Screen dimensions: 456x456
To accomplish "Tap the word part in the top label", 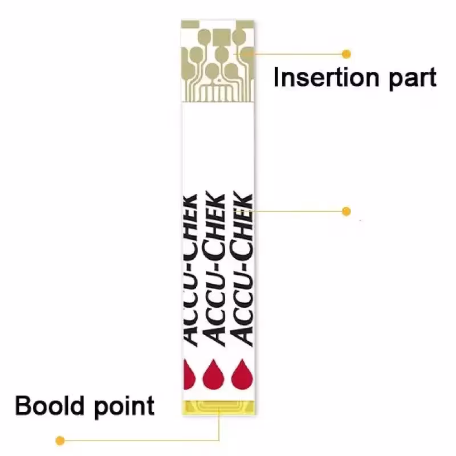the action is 412,79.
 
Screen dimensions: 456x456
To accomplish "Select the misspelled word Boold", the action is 50,405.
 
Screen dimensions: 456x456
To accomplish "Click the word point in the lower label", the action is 125,406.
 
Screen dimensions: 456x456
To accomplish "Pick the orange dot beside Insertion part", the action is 346,54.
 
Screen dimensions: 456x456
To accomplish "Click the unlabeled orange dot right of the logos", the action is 346,211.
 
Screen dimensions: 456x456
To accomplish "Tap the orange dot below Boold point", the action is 60,441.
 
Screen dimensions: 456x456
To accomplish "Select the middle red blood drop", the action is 213,374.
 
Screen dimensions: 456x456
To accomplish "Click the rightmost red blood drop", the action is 242,374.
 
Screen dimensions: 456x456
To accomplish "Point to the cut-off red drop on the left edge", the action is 189,374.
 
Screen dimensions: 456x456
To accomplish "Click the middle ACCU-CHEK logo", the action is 215,268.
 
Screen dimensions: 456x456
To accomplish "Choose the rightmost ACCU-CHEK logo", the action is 243,268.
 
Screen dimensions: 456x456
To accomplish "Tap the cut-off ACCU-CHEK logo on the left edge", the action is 190,270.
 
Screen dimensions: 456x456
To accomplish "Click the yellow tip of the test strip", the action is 219,407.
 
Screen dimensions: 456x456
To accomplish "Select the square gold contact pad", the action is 222,37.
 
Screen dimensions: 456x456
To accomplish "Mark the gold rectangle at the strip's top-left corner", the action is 190,24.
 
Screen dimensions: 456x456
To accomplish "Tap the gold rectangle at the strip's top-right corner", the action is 245,24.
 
